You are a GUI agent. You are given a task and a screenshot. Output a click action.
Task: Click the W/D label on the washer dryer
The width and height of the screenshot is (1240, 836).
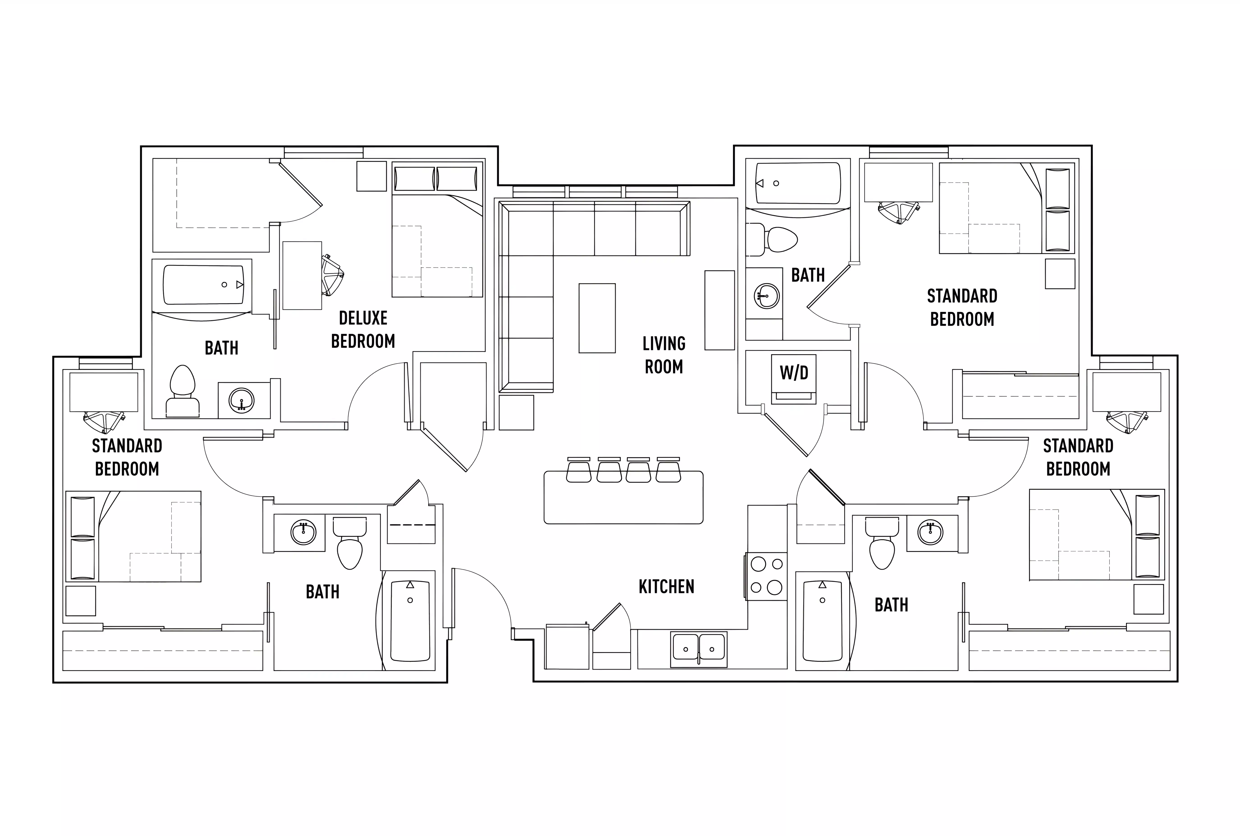coord(794,373)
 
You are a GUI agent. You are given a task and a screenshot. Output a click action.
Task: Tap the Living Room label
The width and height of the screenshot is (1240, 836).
coord(664,355)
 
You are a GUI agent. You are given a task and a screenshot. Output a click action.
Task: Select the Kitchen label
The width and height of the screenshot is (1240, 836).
coord(666,587)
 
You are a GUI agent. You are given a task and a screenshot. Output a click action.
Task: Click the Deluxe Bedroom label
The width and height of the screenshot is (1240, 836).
coord(363,329)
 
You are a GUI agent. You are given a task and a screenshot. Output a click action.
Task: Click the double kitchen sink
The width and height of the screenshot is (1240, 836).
coord(698,649)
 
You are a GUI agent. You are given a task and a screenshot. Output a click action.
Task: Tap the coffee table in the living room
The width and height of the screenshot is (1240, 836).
coord(597,318)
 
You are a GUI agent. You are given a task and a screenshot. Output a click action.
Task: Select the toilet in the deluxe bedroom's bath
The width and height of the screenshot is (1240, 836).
coord(182,392)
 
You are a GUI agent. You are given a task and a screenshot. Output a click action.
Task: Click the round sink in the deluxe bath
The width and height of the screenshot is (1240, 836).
coord(242,400)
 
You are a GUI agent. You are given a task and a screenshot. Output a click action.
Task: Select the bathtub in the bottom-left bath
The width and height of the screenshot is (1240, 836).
coord(410,620)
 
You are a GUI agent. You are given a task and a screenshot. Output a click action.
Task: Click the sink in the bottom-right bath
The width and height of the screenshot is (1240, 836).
coord(930,533)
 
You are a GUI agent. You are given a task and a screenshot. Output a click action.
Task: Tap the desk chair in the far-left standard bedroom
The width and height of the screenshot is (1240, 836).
coord(104,422)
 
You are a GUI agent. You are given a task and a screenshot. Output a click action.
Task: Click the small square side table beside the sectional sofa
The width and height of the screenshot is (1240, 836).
coord(516,412)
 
